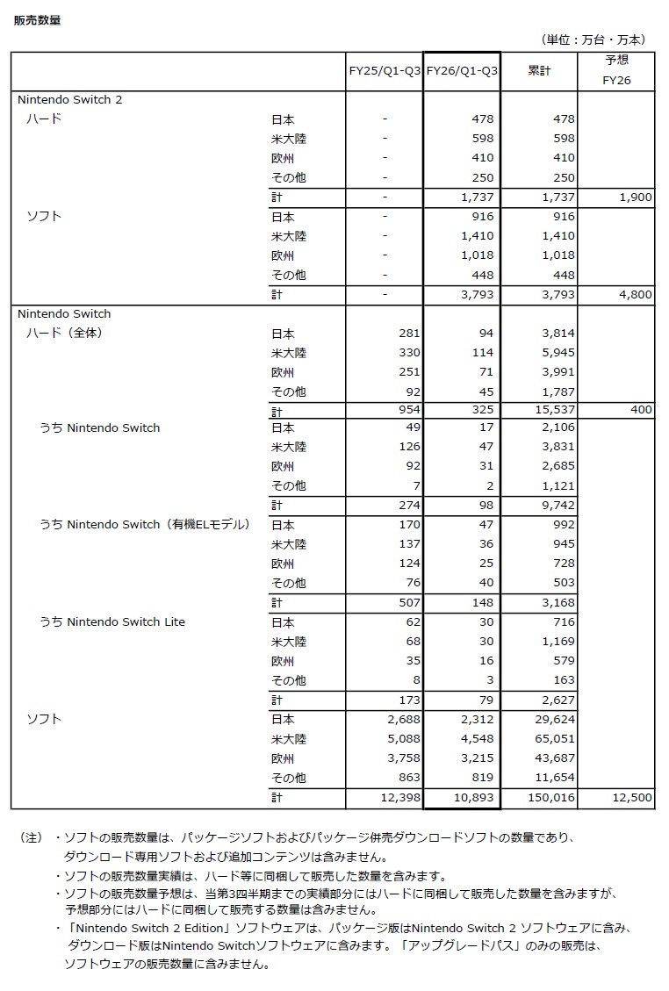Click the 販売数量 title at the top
point(37,20)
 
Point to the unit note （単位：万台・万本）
point(594,39)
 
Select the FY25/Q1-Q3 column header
point(385,71)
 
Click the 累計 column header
point(539,71)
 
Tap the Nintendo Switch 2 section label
point(70,100)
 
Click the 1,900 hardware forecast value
point(635,197)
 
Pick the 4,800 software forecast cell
point(635,295)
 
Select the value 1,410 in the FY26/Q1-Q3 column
point(476,236)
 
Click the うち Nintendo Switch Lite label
point(112,622)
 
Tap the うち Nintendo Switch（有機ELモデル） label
point(145,525)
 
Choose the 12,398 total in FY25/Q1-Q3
point(399,797)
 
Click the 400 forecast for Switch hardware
point(641,411)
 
